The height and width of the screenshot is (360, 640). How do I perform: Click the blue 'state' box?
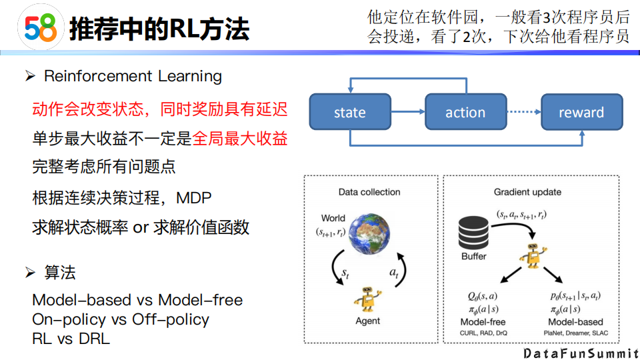pyautogui.click(x=349, y=112)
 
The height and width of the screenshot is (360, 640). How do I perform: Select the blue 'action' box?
pyautogui.click(x=465, y=112)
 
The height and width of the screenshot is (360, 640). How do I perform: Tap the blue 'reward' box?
pyautogui.click(x=581, y=112)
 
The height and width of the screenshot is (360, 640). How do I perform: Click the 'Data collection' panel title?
pyautogui.click(x=369, y=192)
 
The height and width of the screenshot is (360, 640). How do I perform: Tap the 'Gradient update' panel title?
pyautogui.click(x=527, y=192)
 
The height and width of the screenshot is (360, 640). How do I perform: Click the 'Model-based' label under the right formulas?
pyautogui.click(x=575, y=322)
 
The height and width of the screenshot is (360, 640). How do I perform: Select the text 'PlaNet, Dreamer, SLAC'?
pyautogui.click(x=575, y=332)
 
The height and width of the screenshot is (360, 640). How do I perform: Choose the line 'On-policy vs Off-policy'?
pyautogui.click(x=121, y=319)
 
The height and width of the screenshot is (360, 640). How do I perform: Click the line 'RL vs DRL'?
pyautogui.click(x=71, y=338)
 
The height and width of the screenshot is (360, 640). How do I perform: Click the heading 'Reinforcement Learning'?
pyautogui.click(x=133, y=76)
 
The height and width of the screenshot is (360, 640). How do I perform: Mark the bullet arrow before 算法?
pyautogui.click(x=29, y=273)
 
